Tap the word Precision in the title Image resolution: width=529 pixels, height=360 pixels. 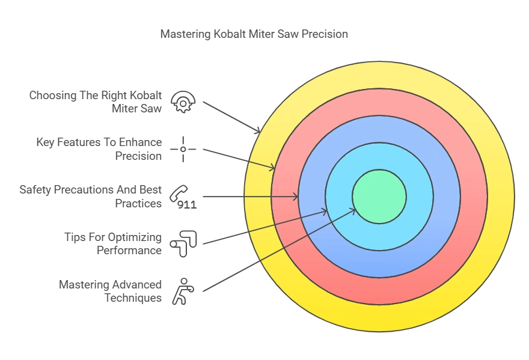tap(325, 34)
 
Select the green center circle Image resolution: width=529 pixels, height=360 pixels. tap(379, 197)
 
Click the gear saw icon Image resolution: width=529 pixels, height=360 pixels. tap(183, 102)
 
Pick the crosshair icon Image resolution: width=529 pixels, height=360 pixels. tap(183, 149)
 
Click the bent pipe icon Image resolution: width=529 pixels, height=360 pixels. tap(183, 243)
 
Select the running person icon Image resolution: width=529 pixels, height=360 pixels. tap(182, 290)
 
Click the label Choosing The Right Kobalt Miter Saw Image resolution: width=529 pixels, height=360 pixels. tap(96, 102)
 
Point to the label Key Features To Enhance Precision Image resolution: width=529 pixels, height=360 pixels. tap(99, 149)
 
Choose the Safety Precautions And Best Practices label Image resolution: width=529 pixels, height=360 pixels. tap(91, 197)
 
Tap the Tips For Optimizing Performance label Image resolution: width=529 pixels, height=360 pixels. tap(113, 243)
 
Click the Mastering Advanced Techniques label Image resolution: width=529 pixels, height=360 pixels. tap(111, 291)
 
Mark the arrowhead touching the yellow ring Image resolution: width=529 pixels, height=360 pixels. tap(258, 131)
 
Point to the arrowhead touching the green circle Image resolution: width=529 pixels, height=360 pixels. tap(354, 209)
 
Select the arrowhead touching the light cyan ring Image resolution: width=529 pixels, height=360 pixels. tap(325, 211)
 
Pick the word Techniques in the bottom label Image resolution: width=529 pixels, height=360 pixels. tap(133, 297)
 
